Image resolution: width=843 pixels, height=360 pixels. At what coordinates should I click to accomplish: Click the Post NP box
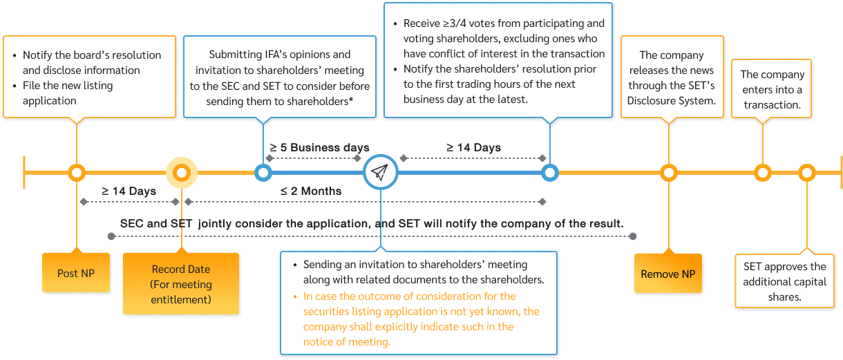point(76,273)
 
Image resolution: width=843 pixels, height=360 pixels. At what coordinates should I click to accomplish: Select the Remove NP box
point(667,274)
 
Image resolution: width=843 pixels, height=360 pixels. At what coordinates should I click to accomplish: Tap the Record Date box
point(181,284)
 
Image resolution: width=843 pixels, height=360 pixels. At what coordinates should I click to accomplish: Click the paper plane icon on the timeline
point(381,172)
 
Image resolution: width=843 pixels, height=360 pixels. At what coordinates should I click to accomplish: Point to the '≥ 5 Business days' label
point(319,148)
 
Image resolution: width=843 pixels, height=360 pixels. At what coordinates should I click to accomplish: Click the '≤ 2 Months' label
point(310,190)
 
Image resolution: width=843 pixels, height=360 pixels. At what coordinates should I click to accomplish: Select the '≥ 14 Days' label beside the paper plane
point(473,147)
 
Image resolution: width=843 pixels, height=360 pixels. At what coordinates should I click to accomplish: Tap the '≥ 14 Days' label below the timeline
point(129,190)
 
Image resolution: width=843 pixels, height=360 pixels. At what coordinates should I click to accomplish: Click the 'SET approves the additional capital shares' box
point(784,282)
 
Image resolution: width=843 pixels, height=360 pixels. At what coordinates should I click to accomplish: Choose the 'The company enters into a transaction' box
point(772,90)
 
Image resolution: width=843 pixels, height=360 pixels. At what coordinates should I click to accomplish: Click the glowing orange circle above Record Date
point(182,172)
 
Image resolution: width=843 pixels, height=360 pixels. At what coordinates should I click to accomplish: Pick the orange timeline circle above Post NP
point(77,172)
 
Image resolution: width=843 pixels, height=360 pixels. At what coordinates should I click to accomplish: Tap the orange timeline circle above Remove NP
point(668,172)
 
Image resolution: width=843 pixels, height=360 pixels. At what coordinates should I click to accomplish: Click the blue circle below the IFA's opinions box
point(263,172)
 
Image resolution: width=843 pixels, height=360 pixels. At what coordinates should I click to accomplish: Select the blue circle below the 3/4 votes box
point(549,172)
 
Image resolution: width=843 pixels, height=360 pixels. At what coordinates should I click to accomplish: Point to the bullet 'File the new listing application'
point(68,93)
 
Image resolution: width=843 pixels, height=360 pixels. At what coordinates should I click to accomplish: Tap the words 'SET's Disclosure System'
point(671,93)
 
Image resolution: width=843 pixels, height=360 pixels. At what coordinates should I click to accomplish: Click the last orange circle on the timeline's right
point(806,172)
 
